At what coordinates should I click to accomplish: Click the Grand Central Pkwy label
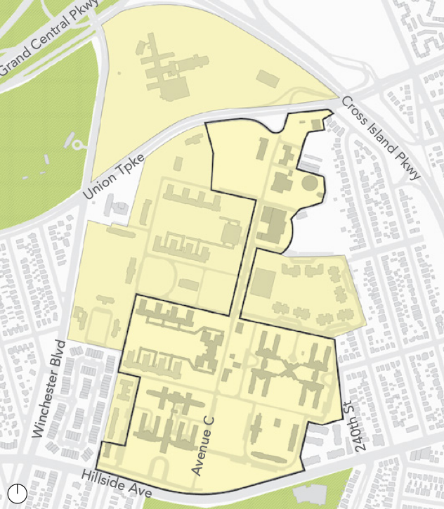(50, 39)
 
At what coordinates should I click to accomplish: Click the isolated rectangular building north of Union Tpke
(267, 77)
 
